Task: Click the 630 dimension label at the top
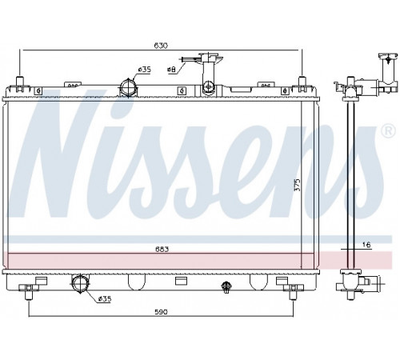pos(161,46)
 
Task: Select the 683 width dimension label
pos(162,250)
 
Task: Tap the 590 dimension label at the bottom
pos(161,311)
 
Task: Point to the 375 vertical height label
pos(298,184)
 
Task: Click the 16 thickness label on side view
pos(367,245)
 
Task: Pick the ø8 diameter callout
pos(171,70)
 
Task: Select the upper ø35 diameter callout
pos(144,70)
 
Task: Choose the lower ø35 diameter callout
pos(104,299)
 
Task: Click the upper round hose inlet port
pos(128,87)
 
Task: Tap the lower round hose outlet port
pos(80,283)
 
